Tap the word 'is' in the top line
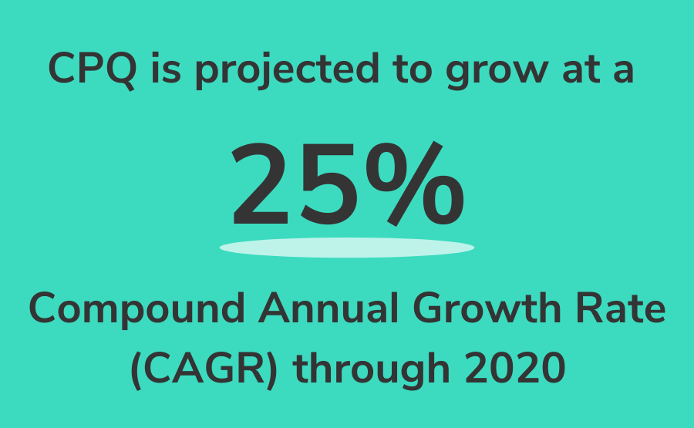pyautogui.click(x=166, y=68)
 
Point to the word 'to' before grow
pyautogui.click(x=412, y=69)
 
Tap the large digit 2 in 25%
pyautogui.click(x=261, y=184)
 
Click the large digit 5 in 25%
pyautogui.click(x=328, y=184)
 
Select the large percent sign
pyautogui.click(x=415, y=184)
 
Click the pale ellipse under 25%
pyautogui.click(x=347, y=248)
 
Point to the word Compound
pyautogui.click(x=136, y=309)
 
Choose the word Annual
pyautogui.click(x=328, y=308)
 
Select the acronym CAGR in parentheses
pyautogui.click(x=204, y=369)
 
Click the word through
pyautogui.click(x=372, y=370)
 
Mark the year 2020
pyautogui.click(x=515, y=369)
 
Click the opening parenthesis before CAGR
pyautogui.click(x=136, y=371)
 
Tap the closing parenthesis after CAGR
pyautogui.click(x=271, y=371)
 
